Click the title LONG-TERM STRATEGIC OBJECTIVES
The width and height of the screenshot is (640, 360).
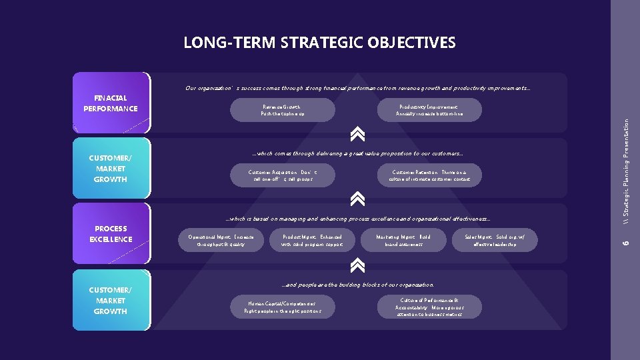[319, 43]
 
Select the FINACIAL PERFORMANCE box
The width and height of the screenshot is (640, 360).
[111, 103]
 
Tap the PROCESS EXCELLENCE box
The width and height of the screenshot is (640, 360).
[111, 234]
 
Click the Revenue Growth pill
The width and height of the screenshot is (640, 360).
[283, 110]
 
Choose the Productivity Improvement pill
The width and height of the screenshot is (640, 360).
[429, 110]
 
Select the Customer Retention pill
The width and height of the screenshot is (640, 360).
[429, 175]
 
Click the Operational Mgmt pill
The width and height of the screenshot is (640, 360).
[221, 241]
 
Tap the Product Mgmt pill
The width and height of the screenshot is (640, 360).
[313, 241]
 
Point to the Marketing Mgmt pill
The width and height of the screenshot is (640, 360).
[404, 241]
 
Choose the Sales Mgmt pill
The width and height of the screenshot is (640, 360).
[495, 241]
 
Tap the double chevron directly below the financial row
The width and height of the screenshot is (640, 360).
[357, 134]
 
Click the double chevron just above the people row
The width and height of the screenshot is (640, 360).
[357, 265]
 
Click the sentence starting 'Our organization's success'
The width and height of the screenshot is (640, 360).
[358, 88]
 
